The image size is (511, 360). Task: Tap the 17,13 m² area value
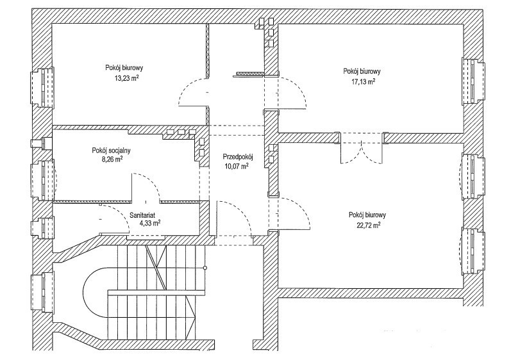(x=363, y=81)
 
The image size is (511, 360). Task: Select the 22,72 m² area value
(x=368, y=225)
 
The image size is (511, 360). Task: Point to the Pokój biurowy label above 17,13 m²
(x=363, y=71)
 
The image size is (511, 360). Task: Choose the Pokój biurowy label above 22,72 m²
(x=368, y=215)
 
